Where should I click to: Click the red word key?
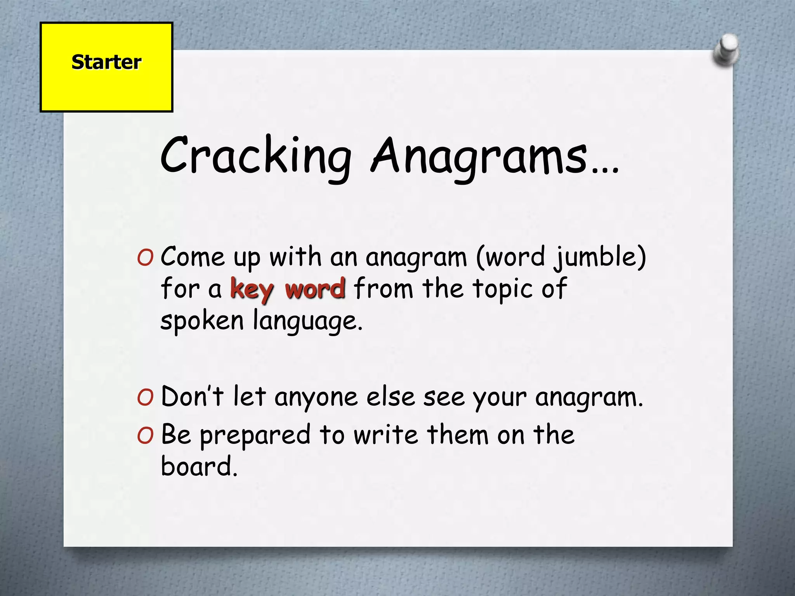pos(252,289)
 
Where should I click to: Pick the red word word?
pos(315,289)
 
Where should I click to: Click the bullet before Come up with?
pos(145,258)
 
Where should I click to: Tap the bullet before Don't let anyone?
pos(145,397)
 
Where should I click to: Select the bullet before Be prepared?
pos(145,435)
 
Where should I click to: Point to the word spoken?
pos(202,321)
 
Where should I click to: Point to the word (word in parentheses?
pos(511,257)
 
